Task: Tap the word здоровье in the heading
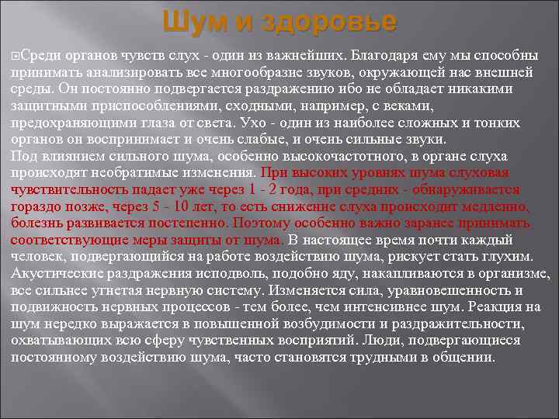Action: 329,22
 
